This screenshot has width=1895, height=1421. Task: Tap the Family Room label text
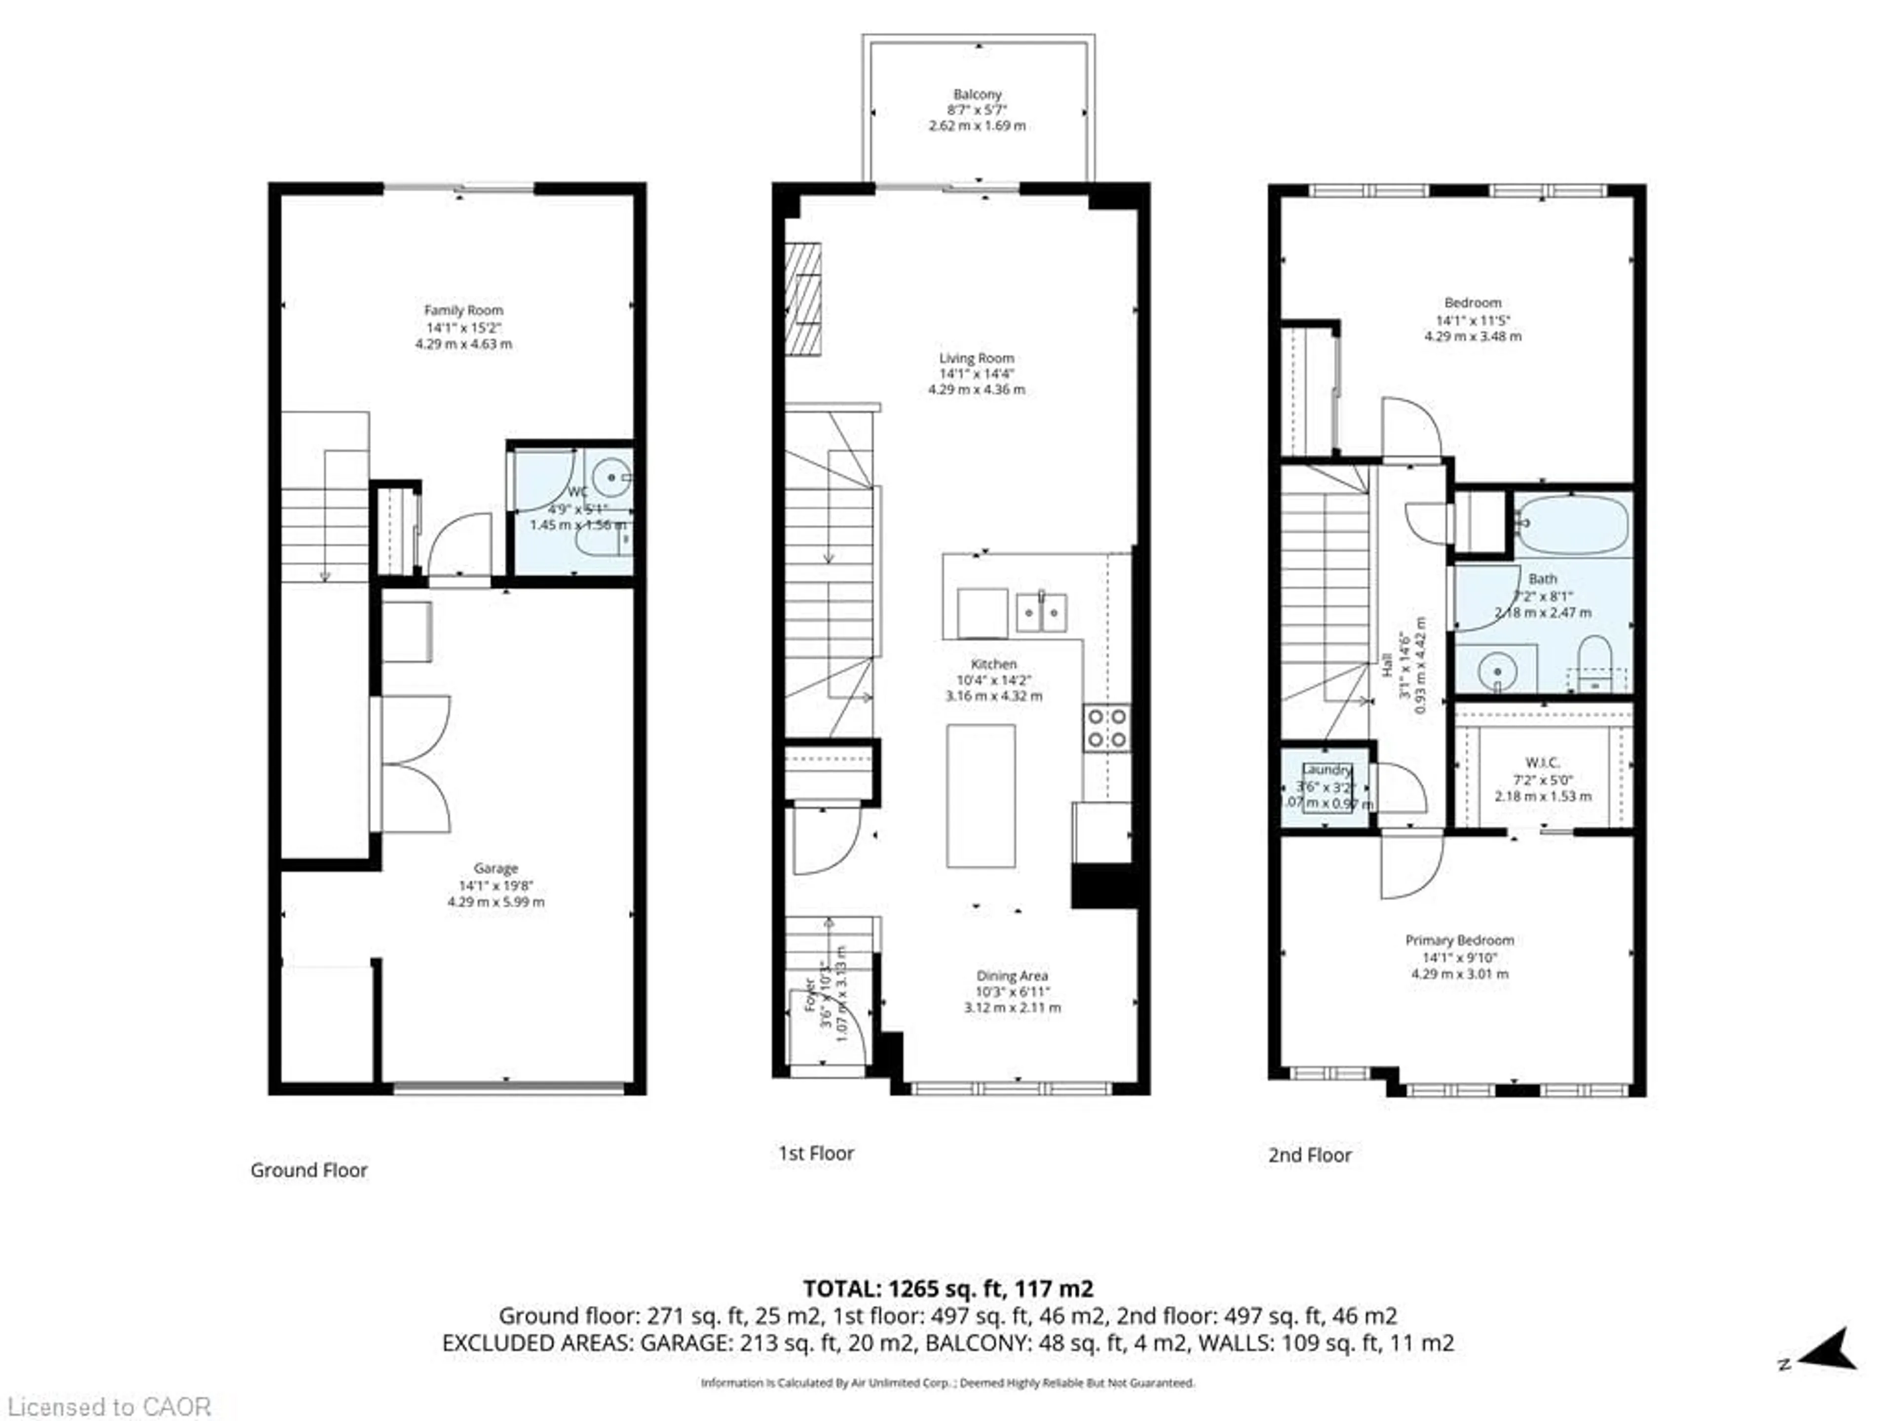(463, 310)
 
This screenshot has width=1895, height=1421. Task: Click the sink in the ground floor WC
(611, 476)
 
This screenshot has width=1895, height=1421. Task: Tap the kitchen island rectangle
(981, 796)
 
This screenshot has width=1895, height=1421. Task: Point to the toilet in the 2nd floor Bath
(1594, 664)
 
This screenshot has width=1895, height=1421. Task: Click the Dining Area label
(1012, 975)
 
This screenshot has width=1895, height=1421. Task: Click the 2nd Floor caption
(1309, 1155)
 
